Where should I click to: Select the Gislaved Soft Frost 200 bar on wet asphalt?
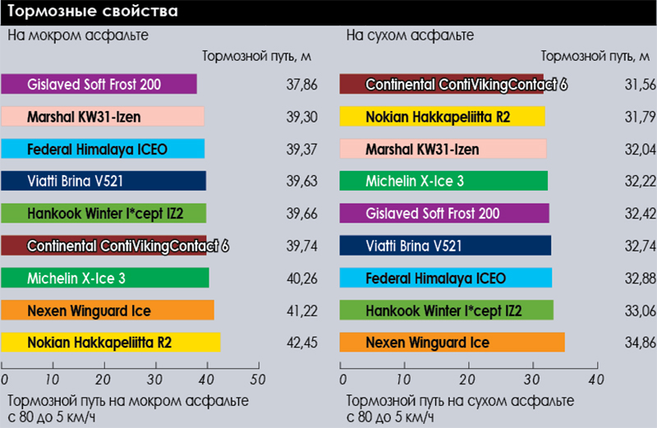[99, 84]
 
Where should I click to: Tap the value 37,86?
[300, 84]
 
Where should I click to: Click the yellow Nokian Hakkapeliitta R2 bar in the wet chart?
[111, 342]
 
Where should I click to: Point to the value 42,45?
[300, 342]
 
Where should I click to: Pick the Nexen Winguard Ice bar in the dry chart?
[453, 342]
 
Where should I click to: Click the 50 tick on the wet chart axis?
[258, 379]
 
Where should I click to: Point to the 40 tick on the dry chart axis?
[595, 379]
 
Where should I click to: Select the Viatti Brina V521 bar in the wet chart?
[103, 181]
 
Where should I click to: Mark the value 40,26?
[300, 278]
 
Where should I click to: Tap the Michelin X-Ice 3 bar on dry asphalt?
[443, 181]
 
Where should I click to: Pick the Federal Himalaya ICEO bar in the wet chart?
[103, 149]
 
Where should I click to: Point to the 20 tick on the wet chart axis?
[105, 379]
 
